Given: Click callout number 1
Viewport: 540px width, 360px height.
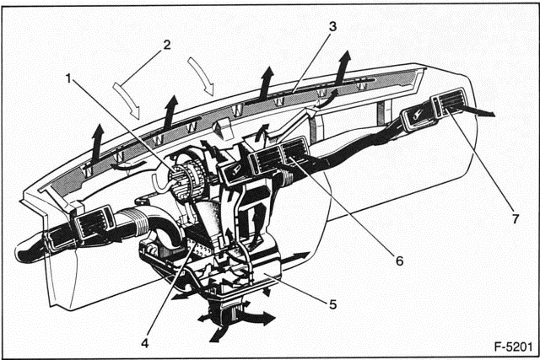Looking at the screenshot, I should point(68,78).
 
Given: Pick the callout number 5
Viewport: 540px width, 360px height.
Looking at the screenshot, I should point(334,303).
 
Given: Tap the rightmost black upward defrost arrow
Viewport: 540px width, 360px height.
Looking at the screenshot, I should point(343,65).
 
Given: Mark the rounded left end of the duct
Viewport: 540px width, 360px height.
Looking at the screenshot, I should point(22,250).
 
